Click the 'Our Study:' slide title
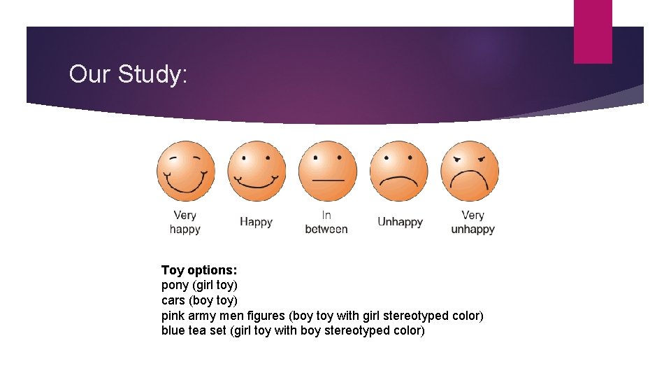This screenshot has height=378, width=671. pos(128,74)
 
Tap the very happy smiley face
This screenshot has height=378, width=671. pos(185,171)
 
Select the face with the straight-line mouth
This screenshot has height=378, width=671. pos(327,171)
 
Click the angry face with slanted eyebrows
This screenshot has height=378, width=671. pos(470,171)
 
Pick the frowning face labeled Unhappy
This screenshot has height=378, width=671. pos(398,171)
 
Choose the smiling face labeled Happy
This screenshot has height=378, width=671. pos(257,171)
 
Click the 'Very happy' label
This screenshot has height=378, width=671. pos(185,222)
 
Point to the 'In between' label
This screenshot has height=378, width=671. pos(326,222)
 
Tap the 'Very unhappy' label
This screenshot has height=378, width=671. pos(472,222)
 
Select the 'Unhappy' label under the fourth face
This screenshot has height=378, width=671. pos(400,222)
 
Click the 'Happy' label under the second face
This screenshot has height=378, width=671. pos(256,222)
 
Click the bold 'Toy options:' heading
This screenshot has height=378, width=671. pos(199,270)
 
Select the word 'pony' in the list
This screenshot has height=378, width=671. pos(175,286)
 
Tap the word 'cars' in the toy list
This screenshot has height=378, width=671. pos(174,301)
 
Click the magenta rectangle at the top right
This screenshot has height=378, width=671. pos(593,31)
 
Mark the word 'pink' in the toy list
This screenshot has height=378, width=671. pos(173,316)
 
